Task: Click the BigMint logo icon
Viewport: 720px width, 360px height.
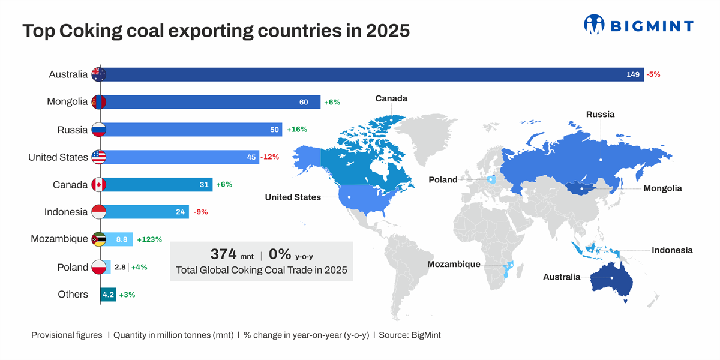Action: (593, 25)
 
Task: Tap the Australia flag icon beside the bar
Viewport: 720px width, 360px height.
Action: (98, 74)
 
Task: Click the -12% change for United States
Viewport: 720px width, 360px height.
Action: (270, 157)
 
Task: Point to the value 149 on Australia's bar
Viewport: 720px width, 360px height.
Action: (632, 74)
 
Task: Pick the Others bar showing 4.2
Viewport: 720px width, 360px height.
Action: (108, 295)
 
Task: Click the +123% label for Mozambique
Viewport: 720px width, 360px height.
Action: (149, 239)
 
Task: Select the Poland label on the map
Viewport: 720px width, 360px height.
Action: (443, 179)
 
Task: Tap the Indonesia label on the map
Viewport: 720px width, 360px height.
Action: (672, 250)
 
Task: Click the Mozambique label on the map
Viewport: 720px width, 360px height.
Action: (454, 264)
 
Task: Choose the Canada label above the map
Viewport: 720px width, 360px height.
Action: (391, 98)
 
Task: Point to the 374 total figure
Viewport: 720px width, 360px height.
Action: (223, 254)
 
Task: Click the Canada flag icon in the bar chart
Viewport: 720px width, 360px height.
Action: (98, 185)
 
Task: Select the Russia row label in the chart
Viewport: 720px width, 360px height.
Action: (73, 130)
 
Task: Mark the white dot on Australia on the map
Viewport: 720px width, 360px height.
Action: (611, 278)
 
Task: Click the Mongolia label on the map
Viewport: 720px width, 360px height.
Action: (662, 188)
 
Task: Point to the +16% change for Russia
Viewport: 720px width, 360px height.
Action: (297, 129)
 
